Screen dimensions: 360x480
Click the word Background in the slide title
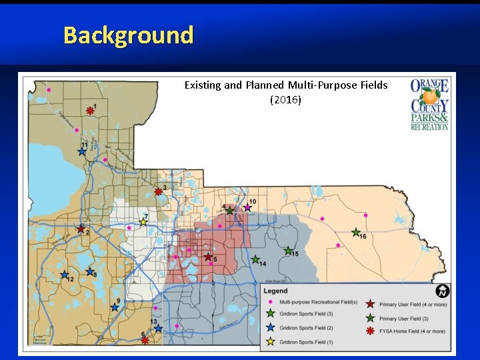click(x=128, y=35)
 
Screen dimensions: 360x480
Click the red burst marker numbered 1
click(x=90, y=111)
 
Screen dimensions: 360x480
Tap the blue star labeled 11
click(x=81, y=151)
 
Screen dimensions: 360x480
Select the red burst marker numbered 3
click(x=158, y=192)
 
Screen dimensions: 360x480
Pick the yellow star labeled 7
click(x=143, y=223)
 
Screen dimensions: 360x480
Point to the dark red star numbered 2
click(x=81, y=229)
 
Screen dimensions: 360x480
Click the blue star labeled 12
click(x=65, y=275)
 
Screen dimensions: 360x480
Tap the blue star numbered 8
click(x=89, y=271)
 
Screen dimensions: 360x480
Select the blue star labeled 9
click(x=115, y=307)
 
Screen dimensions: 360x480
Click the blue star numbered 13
click(x=157, y=328)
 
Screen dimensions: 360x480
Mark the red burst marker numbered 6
click(x=145, y=340)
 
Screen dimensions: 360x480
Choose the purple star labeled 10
click(x=247, y=208)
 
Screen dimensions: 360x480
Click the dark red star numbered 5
click(x=208, y=257)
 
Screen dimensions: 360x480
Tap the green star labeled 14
click(x=255, y=259)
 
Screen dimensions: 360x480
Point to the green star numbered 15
click(x=288, y=251)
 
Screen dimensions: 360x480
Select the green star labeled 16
click(x=355, y=233)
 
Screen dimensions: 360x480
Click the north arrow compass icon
click(x=442, y=292)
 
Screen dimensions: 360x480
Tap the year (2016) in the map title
click(x=285, y=100)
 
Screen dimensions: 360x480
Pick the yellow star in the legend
click(x=270, y=342)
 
